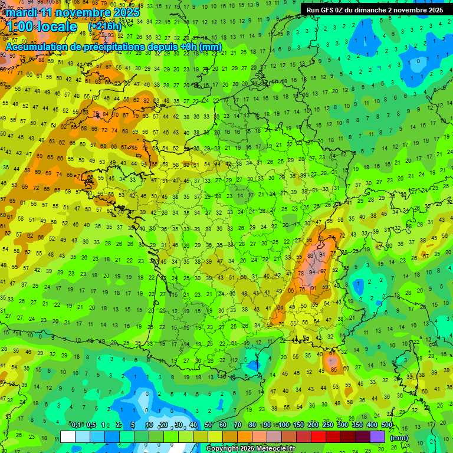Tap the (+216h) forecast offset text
(x=104, y=27)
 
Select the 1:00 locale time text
(x=41, y=27)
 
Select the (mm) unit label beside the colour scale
(x=399, y=438)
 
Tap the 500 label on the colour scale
(x=386, y=425)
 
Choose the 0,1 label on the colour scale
(x=75, y=425)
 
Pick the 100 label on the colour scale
(x=284, y=425)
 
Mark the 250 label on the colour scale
(x=327, y=425)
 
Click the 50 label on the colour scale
(x=208, y=425)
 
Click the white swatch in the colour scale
(x=68, y=437)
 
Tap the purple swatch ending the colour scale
(x=377, y=437)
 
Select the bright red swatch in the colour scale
(x=319, y=437)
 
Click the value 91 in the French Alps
(x=313, y=288)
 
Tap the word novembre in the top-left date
(x=83, y=12)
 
